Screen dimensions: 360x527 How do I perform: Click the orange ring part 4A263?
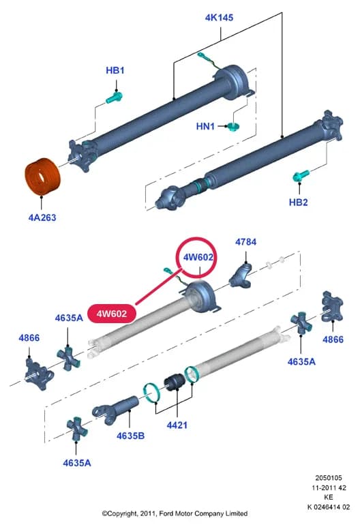(43, 176)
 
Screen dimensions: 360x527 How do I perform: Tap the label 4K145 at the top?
(219, 18)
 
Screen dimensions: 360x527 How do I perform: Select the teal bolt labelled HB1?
(115, 98)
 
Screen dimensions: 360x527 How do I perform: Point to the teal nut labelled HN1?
(232, 127)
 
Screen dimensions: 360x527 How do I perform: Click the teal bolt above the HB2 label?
(301, 176)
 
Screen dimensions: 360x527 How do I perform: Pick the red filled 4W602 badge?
(112, 314)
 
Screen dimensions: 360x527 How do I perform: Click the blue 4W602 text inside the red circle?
(198, 258)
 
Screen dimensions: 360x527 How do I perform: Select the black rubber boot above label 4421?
(174, 382)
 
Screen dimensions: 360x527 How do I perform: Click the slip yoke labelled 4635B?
(116, 409)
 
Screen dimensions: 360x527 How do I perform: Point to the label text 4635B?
(130, 436)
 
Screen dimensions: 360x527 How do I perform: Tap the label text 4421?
(177, 425)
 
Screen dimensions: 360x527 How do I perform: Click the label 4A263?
(42, 217)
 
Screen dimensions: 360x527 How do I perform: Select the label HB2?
(299, 202)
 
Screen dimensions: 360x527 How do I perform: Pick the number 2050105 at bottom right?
(329, 478)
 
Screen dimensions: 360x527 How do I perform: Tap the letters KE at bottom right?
(329, 497)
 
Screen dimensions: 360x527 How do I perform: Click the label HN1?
(205, 126)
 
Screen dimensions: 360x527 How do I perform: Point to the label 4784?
(245, 242)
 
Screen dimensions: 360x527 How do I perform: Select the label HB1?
(115, 70)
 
